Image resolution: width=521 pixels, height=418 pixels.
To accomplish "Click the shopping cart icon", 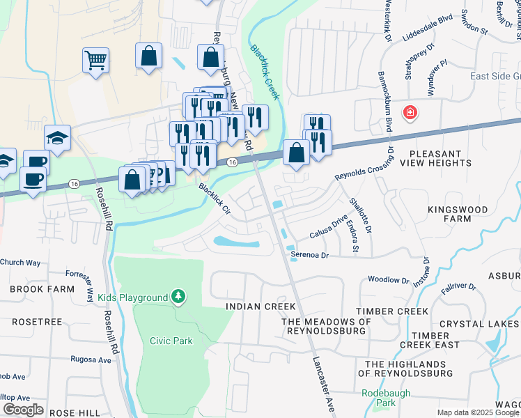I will click(95, 59).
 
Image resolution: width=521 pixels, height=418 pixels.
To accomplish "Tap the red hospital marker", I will click(411, 111).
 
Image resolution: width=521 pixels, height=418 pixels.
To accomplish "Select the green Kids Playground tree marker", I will click(180, 297).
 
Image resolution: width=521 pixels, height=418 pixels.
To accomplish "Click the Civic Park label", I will click(170, 341).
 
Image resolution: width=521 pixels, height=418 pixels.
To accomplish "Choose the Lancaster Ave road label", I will click(321, 384).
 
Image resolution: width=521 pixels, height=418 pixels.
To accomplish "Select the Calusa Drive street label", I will click(329, 229).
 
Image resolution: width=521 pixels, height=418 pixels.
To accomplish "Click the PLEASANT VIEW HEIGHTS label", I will click(445, 158).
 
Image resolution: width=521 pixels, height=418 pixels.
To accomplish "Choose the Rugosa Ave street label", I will click(91, 360).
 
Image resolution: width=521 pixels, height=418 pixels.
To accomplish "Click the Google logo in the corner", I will click(24, 409).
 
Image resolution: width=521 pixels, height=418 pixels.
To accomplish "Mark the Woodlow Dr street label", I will click(388, 280).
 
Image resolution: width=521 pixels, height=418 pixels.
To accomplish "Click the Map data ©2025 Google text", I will click(477, 412).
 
